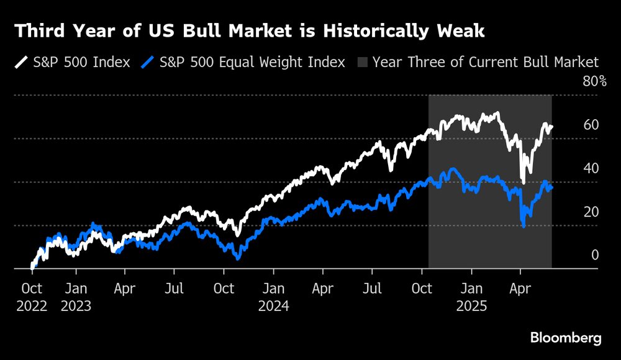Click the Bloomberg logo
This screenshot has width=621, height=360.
tap(565, 338)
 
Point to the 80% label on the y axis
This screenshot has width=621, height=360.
tap(594, 81)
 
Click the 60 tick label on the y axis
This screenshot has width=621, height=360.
tap(591, 125)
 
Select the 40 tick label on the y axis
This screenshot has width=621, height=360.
tap(591, 168)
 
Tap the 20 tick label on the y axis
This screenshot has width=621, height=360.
tap(591, 212)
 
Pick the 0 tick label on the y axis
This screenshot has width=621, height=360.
tap(594, 255)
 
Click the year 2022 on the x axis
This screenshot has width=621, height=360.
tap(32, 306)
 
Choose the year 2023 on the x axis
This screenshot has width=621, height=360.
tap(76, 306)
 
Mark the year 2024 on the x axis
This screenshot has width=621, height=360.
tap(274, 306)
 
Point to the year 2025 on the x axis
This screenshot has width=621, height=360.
tap(471, 306)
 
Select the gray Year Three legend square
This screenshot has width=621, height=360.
tap(362, 63)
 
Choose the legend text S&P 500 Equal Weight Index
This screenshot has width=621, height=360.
tap(252, 63)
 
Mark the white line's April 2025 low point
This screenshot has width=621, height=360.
tap(523, 182)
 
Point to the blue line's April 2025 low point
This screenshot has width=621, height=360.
tap(524, 226)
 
